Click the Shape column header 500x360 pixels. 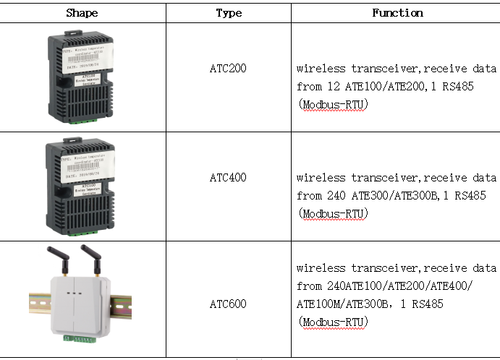82,13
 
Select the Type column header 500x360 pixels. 229,13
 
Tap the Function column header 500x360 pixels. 397,13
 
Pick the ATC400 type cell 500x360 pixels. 228,177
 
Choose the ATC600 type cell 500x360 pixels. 228,304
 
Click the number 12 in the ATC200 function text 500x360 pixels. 330,87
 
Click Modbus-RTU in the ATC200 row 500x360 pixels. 336,105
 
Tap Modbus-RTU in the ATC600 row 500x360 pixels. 336,322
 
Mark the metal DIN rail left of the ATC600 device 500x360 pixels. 38,304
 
